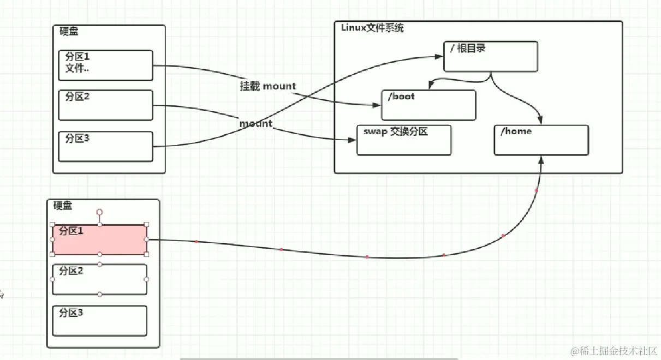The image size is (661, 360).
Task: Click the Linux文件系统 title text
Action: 372,28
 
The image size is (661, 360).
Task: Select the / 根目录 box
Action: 491,56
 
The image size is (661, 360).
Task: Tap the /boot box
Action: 428,105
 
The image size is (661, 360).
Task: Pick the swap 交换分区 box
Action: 404,140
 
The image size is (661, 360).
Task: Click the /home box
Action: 541,140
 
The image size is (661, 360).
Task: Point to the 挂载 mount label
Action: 268,86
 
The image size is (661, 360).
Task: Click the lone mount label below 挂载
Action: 255,124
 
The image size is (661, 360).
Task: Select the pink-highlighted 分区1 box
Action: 99,239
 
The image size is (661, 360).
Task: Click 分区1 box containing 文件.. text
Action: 105,65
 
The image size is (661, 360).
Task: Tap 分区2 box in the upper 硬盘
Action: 105,105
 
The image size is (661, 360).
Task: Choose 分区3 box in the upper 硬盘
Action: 105,146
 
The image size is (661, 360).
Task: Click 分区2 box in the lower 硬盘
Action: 99,279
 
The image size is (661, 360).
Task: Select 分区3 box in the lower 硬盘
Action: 99,321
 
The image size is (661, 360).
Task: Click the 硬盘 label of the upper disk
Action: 69,32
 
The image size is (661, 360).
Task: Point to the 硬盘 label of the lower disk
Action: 63,206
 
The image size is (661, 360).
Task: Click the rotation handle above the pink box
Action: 99,212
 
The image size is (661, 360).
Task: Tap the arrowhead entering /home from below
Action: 541,159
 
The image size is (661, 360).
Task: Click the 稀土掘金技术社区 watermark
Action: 614,350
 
